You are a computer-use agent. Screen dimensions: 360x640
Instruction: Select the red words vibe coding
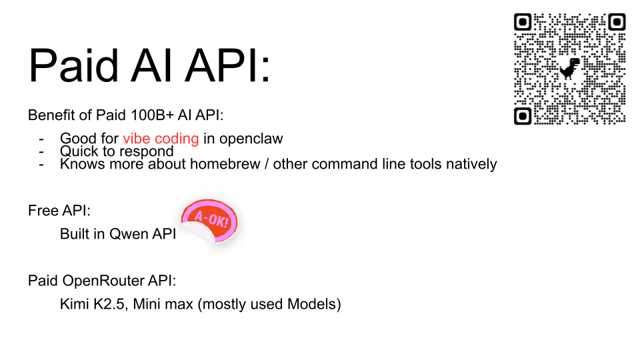tap(161, 139)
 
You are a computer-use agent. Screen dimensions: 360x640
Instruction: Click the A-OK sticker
tap(210, 220)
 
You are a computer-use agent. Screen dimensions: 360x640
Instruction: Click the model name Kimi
tap(74, 305)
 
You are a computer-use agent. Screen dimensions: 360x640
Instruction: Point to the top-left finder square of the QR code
tap(524, 22)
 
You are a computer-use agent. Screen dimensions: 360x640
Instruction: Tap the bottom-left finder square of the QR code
tap(524, 116)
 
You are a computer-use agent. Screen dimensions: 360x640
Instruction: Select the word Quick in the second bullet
tap(78, 151)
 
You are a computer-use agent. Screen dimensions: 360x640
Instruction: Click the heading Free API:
tap(59, 211)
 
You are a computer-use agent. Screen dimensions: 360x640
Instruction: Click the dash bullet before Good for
tap(42, 139)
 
